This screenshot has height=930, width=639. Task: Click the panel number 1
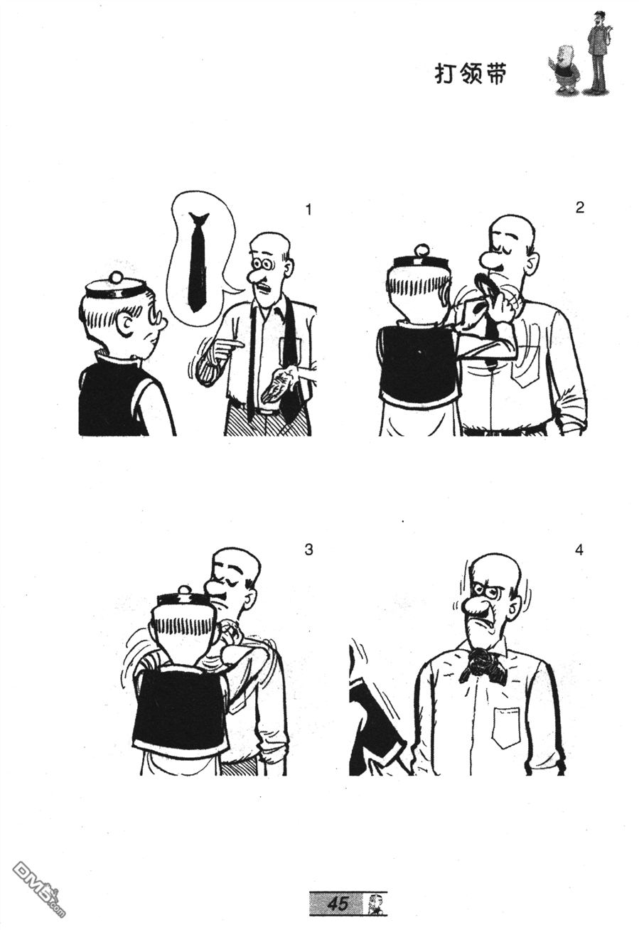[x=308, y=210]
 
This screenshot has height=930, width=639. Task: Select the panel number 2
[x=580, y=207]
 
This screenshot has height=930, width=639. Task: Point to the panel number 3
[x=308, y=550]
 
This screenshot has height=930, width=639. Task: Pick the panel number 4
[x=579, y=550]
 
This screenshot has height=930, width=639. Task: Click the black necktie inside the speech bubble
[x=198, y=262]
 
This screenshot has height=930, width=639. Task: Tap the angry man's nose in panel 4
[x=474, y=606]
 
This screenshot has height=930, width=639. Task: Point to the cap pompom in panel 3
[x=183, y=590]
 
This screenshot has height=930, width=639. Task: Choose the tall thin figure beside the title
[x=598, y=52]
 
